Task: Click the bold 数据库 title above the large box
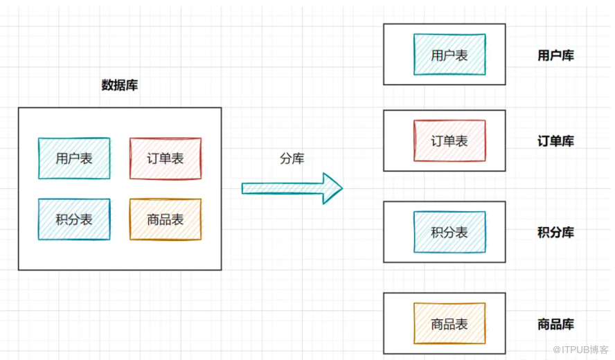(x=120, y=85)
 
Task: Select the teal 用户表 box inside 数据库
(x=74, y=159)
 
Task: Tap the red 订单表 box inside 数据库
(x=166, y=159)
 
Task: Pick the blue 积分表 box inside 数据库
(x=74, y=219)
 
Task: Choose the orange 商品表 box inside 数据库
(x=166, y=219)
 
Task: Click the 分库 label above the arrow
(x=292, y=159)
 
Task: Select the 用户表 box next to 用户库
(x=449, y=55)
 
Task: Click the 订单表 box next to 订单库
(x=449, y=141)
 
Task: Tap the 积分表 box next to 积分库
(x=449, y=232)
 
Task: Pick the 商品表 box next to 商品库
(x=449, y=323)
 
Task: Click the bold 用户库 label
(x=555, y=55)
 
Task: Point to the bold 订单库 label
(x=555, y=141)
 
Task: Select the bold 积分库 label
(x=555, y=233)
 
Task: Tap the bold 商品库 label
(x=555, y=324)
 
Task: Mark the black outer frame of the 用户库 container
(x=384, y=55)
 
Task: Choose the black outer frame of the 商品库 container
(x=384, y=323)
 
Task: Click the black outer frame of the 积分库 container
(x=384, y=232)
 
